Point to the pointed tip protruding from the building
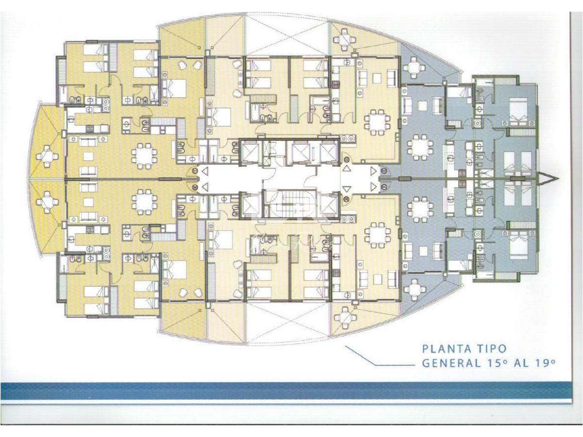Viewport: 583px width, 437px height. click(556, 179)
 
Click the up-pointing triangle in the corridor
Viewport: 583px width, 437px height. click(346, 168)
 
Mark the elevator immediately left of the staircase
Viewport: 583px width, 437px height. click(252, 204)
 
